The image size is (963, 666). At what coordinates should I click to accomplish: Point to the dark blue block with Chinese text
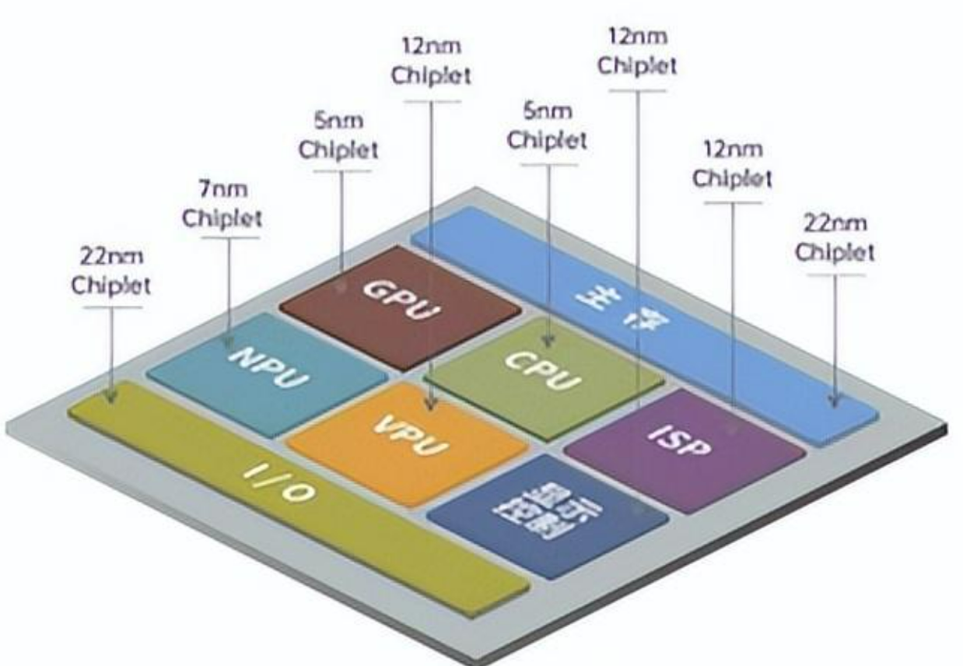pos(548,515)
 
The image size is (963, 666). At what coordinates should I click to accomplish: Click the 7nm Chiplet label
pos(222,205)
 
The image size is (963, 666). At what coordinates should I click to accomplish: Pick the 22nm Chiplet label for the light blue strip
pos(835,238)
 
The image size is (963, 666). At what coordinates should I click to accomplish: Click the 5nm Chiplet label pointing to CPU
pos(547,127)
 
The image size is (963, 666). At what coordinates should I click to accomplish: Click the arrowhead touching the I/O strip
pos(111,396)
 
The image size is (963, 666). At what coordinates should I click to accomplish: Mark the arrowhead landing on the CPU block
pos(548,342)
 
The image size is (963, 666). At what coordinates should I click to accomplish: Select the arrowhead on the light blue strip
pos(834,401)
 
